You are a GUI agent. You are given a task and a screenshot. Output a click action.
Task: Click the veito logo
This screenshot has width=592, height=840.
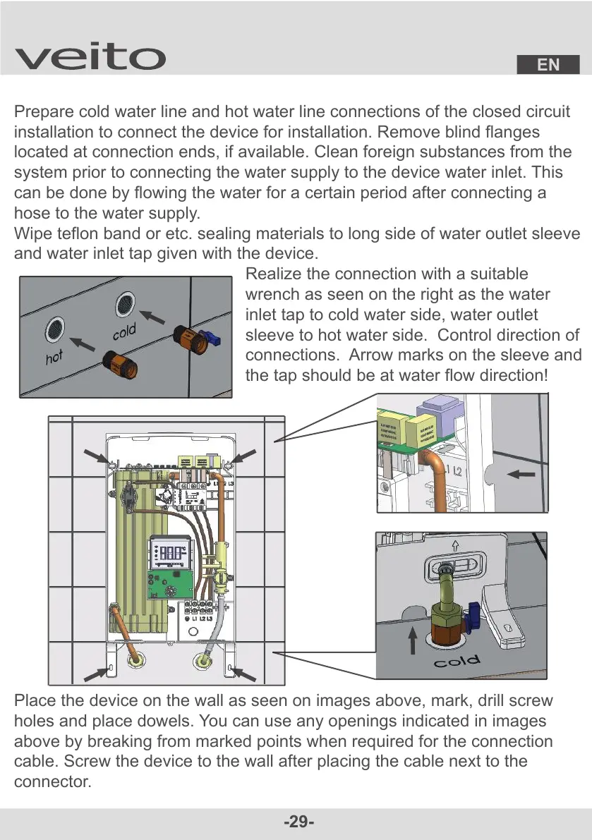tap(90, 57)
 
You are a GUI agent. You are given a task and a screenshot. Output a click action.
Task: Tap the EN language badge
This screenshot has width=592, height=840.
tap(548, 65)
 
